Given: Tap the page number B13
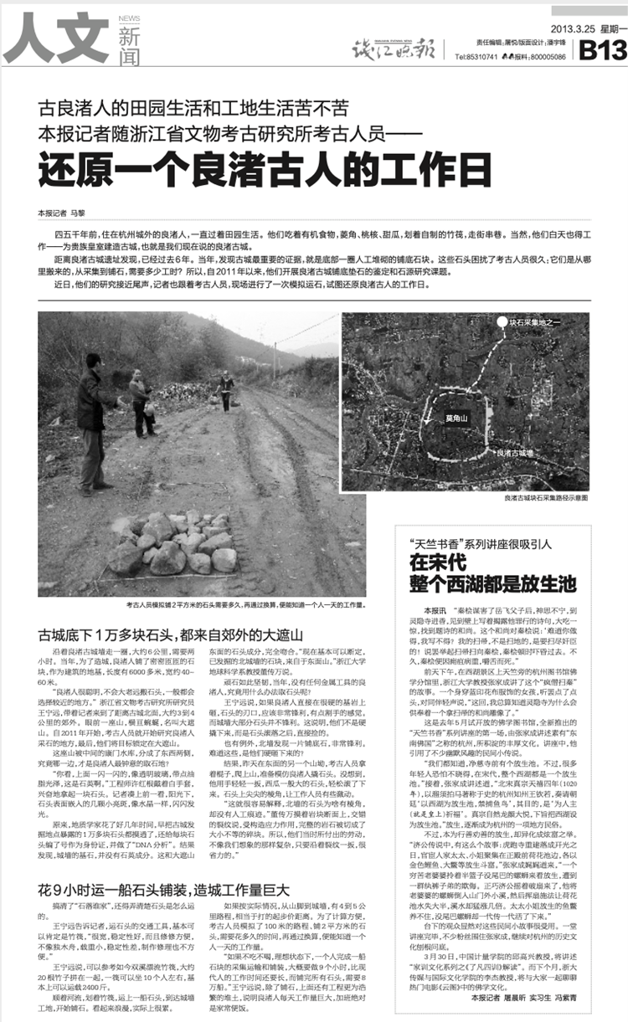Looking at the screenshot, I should [x=602, y=50].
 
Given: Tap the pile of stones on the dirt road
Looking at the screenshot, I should [x=175, y=543].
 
